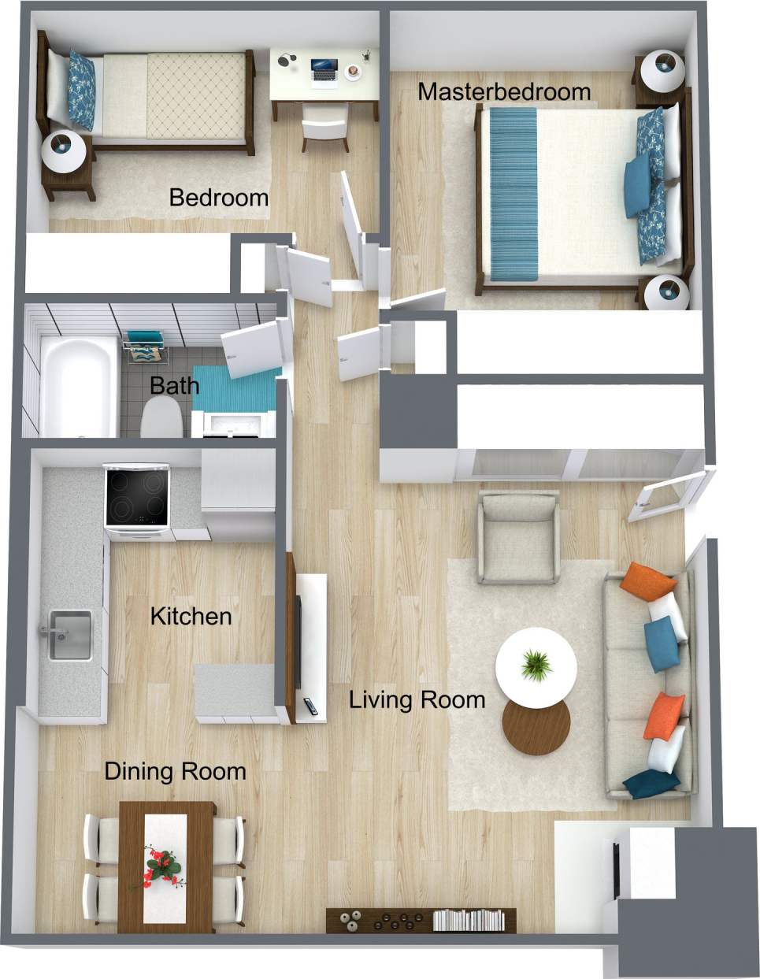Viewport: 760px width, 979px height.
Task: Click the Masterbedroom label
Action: coord(504,91)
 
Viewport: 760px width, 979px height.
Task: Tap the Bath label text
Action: coord(174,386)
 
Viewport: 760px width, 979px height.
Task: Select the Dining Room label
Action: coord(175,771)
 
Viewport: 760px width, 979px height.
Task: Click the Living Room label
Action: coord(417,699)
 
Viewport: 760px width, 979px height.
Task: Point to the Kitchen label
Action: coord(191,616)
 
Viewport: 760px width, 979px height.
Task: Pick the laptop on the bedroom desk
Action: coord(324,69)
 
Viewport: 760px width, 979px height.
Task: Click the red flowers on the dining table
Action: coord(161,865)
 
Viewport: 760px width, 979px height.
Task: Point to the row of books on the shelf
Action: coord(468,919)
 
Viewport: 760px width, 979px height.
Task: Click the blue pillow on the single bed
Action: coord(82,90)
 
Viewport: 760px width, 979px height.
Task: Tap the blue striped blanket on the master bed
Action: coord(513,194)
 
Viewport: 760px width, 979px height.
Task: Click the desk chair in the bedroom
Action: coord(324,124)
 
